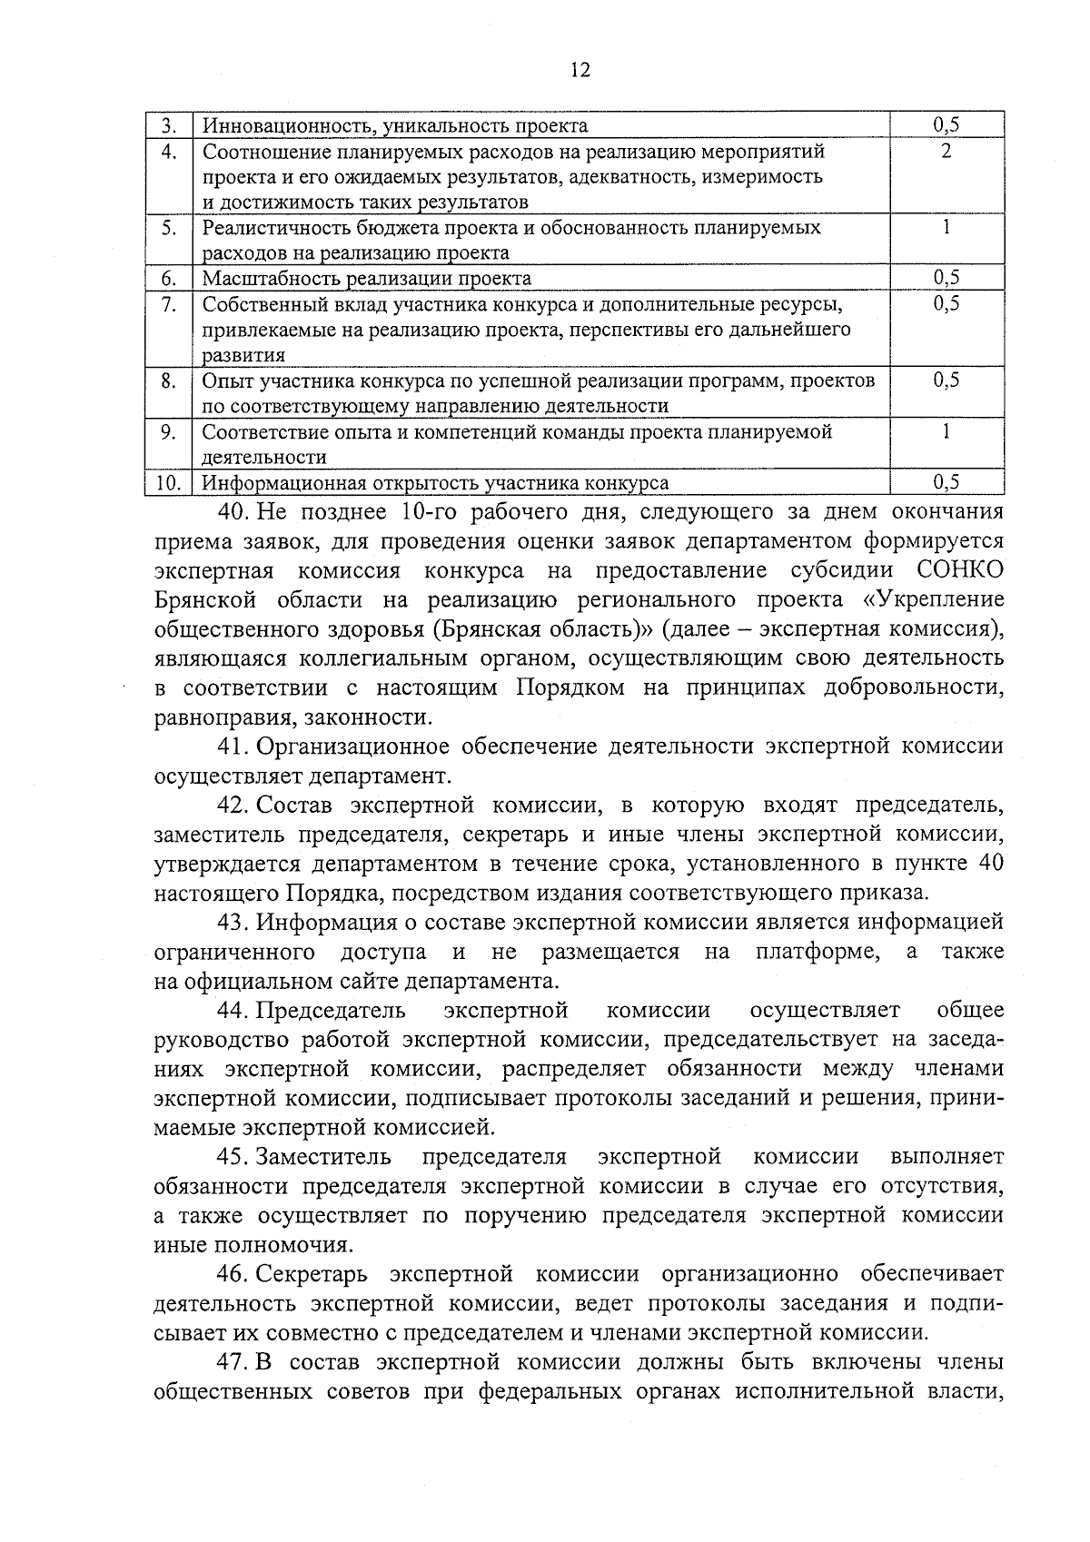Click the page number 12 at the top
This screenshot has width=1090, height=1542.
click(x=580, y=71)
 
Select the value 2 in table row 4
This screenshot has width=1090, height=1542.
click(x=946, y=152)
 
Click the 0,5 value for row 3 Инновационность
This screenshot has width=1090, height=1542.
click(x=946, y=126)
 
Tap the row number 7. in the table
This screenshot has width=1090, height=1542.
click(x=169, y=304)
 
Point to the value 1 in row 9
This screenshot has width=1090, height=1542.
click(x=946, y=432)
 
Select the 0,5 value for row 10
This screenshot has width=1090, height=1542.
click(x=946, y=483)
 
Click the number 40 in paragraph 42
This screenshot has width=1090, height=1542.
click(x=991, y=863)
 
